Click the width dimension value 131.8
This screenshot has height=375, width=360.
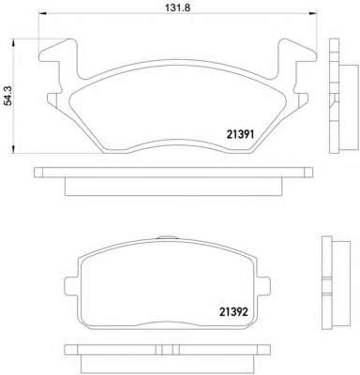(177, 7)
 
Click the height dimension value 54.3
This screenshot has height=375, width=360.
(9, 96)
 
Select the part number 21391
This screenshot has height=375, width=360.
(240, 134)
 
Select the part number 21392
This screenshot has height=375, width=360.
(233, 311)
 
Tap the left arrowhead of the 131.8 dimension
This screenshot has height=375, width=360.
(42, 13)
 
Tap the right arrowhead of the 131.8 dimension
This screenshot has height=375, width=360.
(313, 13)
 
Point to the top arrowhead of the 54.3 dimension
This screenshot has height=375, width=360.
(13, 43)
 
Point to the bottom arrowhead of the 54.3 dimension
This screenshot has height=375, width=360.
(13, 149)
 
